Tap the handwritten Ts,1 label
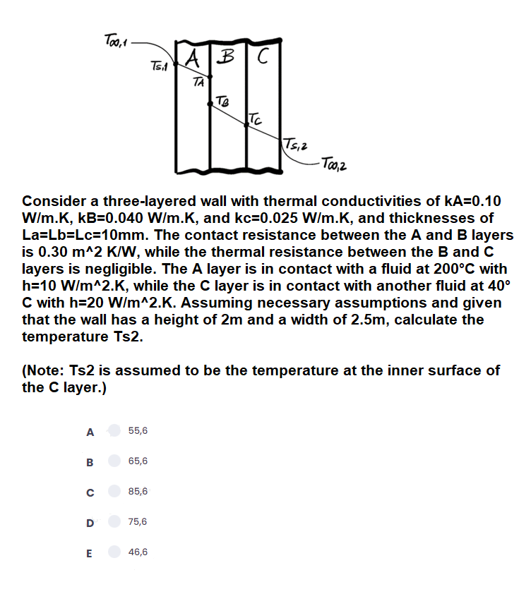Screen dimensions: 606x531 [159, 66]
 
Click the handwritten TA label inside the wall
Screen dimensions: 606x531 [199, 83]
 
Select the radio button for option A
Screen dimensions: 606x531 [114, 430]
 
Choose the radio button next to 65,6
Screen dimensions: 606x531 [114, 461]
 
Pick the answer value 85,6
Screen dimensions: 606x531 [138, 492]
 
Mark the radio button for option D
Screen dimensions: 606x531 [114, 522]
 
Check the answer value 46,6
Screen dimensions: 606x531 [138, 553]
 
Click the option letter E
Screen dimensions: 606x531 [89, 553]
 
